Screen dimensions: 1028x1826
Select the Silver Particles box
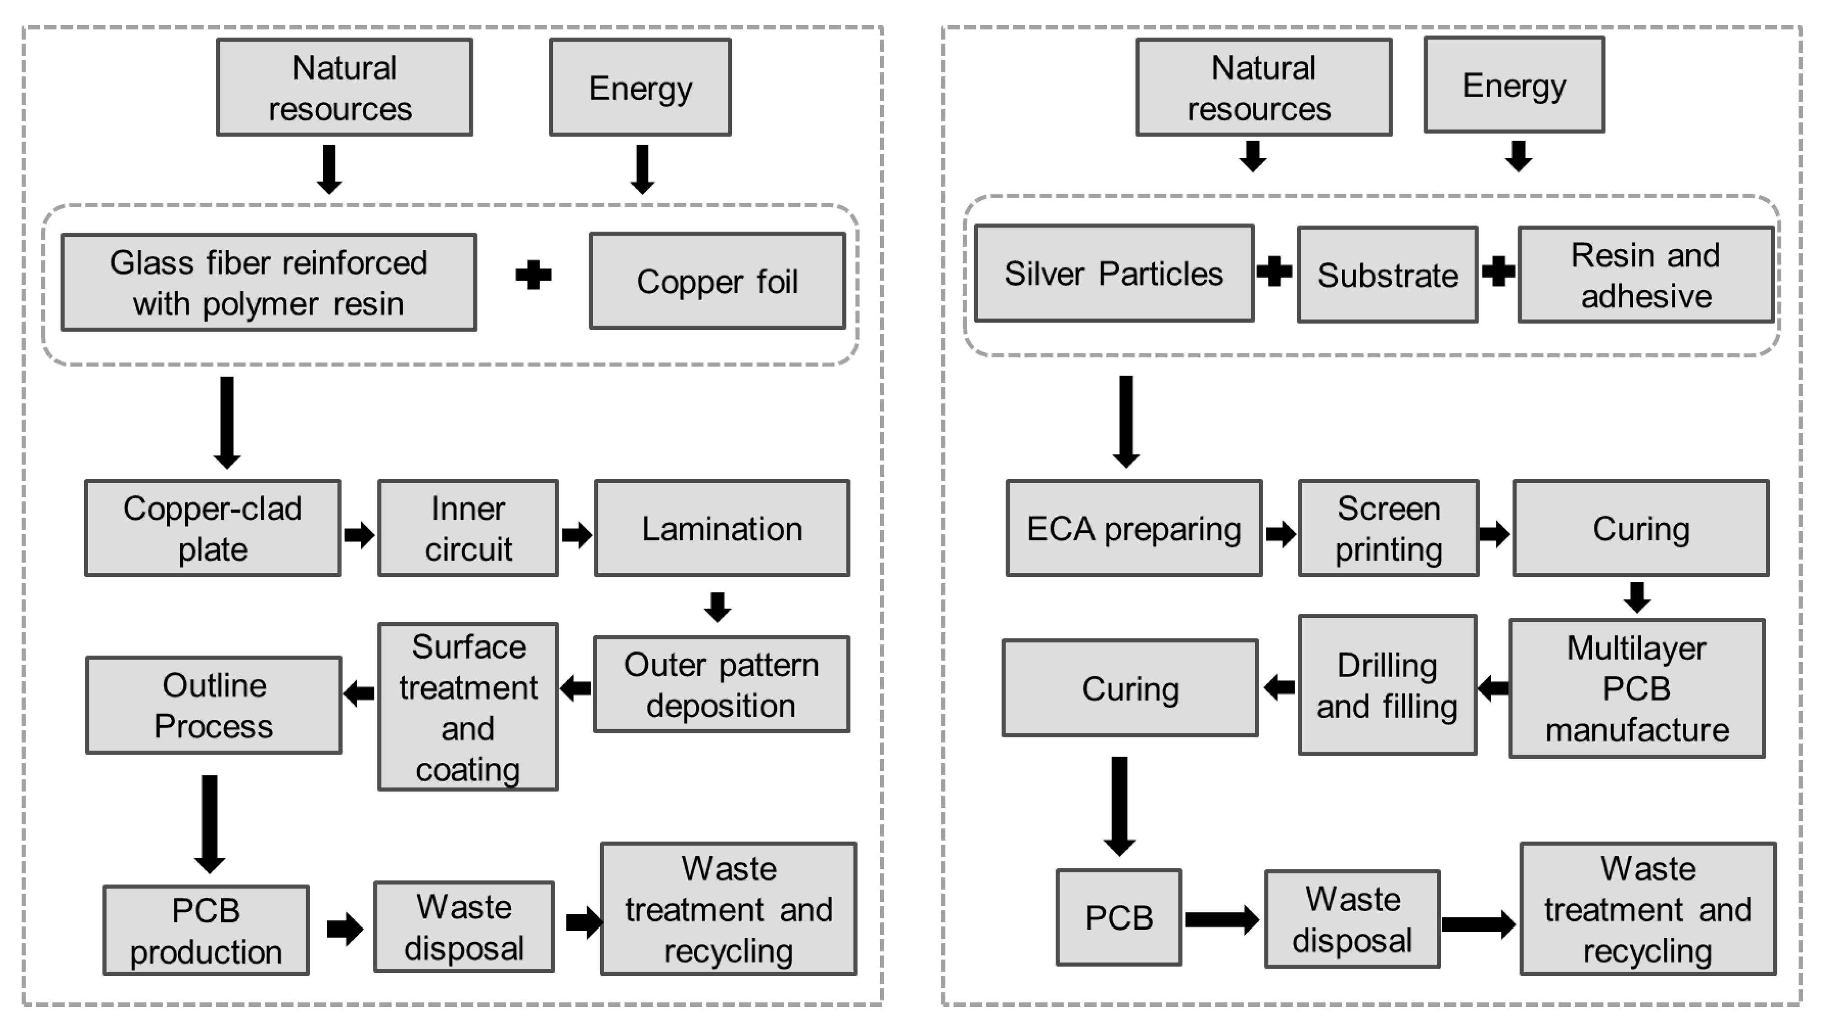tap(1113, 274)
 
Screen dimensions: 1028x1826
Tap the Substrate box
tap(1387, 275)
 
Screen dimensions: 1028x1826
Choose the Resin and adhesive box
tap(1645, 275)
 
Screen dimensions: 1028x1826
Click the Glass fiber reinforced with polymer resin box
tap(269, 282)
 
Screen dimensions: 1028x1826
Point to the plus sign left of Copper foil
tap(533, 275)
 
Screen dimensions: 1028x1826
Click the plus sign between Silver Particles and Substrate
tap(1274, 271)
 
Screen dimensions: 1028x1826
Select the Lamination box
tap(721, 528)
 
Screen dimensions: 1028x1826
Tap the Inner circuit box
tap(468, 528)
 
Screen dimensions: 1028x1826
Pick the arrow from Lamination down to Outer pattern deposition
tap(717, 607)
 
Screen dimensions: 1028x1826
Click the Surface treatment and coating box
tap(468, 707)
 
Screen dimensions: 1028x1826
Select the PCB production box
tap(205, 930)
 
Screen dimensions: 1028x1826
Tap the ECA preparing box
tap(1133, 528)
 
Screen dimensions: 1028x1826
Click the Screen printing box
tap(1388, 528)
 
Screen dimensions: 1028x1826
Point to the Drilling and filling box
tap(1387, 685)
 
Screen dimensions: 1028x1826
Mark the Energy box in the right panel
tap(1514, 85)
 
